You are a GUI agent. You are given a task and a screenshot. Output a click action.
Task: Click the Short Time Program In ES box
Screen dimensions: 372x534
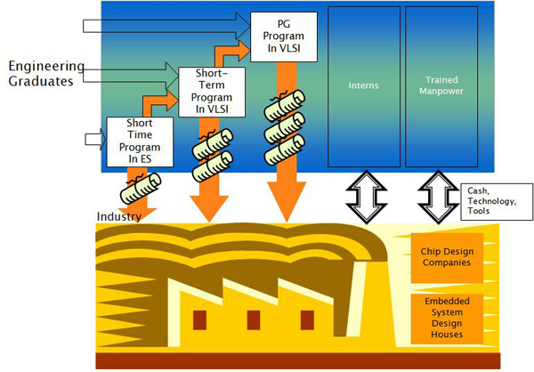[133, 142]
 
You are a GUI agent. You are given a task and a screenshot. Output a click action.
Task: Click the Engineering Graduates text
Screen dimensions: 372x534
[46, 74]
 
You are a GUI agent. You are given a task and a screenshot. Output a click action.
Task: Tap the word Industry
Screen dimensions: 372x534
[119, 216]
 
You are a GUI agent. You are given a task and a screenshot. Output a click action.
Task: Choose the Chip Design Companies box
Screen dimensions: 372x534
[447, 256]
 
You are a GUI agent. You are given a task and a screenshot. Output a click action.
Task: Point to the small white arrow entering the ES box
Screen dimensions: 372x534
[93, 138]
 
